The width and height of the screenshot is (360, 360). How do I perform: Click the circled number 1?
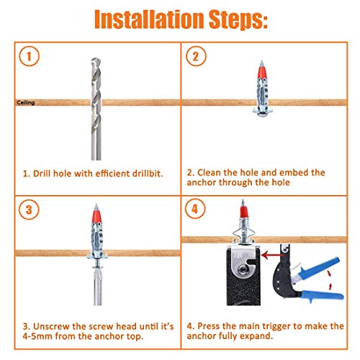(x=29, y=56)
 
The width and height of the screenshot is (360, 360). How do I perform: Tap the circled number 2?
(x=196, y=56)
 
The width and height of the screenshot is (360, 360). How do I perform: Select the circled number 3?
(x=29, y=210)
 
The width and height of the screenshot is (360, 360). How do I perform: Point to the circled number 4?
(x=195, y=209)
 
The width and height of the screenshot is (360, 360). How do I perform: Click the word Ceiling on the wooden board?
(x=26, y=103)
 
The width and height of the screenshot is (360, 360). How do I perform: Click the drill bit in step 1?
(x=96, y=109)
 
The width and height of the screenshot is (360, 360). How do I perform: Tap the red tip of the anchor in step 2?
(x=261, y=71)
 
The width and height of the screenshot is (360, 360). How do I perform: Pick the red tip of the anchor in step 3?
(x=96, y=215)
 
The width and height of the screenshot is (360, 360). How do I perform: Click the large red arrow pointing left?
(x=272, y=255)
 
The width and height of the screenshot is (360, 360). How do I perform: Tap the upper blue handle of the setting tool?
(x=318, y=268)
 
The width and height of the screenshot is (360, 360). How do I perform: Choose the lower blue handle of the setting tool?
(x=323, y=295)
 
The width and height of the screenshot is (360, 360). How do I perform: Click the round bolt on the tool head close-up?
(x=243, y=270)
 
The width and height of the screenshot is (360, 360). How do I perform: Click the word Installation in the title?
(x=149, y=19)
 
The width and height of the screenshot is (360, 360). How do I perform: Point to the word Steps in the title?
(x=238, y=20)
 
